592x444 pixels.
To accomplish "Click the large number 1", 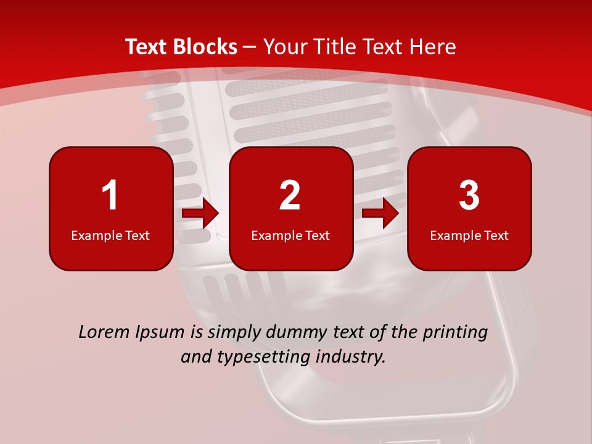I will pos(110,195).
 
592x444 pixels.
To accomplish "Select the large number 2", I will pos(290,195).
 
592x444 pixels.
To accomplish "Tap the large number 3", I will pos(469,195).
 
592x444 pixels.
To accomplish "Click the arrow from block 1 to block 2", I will pos(201,214).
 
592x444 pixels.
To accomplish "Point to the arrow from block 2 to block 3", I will pos(380,214).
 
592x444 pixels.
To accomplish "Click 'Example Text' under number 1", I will pos(110,235).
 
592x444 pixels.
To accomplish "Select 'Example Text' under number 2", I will pos(290,235).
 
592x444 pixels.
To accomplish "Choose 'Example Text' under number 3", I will pos(469,235).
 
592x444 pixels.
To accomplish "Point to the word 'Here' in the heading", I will pos(433,47).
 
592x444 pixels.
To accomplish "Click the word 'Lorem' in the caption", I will pos(104,332).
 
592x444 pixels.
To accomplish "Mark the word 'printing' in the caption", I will pos(455,332).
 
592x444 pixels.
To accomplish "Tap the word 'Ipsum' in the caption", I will pos(160,332).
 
